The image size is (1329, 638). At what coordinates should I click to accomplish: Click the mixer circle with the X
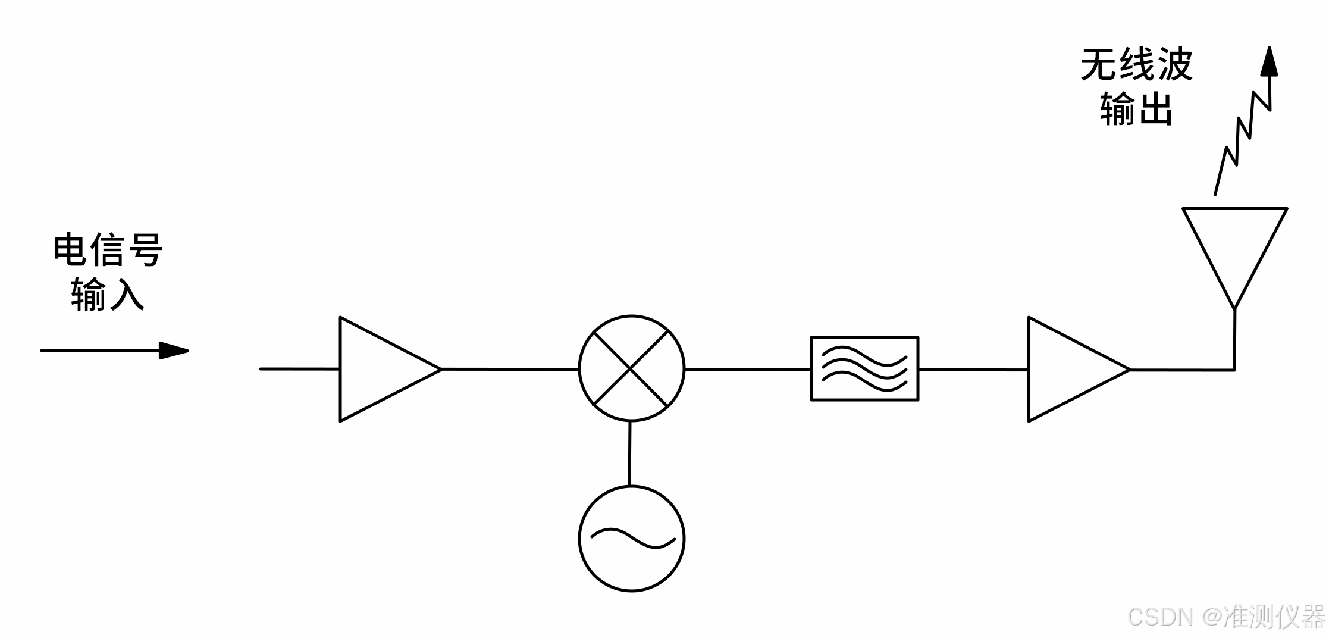[x=632, y=369]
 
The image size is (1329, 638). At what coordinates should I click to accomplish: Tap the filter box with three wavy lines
[x=864, y=369]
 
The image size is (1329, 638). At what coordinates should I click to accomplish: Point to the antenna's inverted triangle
[x=1235, y=244]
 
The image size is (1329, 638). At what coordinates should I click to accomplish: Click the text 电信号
[x=108, y=250]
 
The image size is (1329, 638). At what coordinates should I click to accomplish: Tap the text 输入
[x=108, y=294]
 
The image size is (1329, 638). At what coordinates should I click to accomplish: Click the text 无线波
[x=1136, y=65]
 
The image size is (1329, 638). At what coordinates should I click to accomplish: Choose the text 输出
[x=1136, y=109]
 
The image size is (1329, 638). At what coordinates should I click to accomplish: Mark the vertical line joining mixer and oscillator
[x=629, y=454]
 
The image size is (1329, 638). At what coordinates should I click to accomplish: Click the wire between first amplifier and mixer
[x=510, y=369]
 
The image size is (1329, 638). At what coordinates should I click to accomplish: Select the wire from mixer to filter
[x=748, y=369]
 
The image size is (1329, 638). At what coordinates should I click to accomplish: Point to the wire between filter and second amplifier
[x=973, y=369]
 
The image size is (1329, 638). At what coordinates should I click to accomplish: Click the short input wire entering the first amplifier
[x=300, y=369]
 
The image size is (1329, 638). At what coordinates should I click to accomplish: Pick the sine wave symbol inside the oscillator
[x=632, y=538]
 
